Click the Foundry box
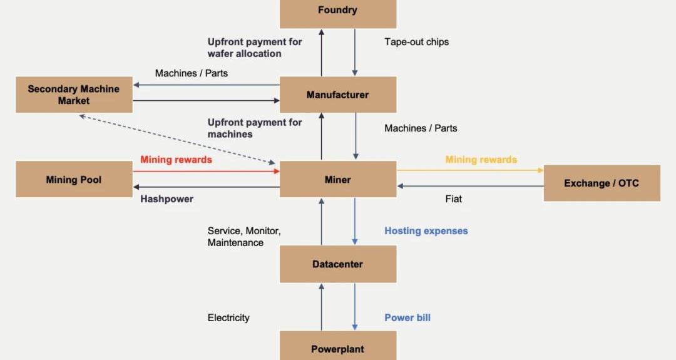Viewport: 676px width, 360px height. point(337,11)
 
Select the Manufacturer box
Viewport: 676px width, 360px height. point(337,95)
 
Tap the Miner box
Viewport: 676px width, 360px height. point(337,180)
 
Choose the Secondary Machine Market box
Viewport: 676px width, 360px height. point(74,95)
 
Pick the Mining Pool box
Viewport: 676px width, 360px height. point(74,180)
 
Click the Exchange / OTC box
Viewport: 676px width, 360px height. point(602,183)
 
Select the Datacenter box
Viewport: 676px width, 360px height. point(337,264)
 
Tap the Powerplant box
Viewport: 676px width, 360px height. point(337,347)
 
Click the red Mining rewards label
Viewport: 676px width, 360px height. point(176,160)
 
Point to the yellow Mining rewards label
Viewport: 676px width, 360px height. point(481,160)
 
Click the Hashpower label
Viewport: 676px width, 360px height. point(166,199)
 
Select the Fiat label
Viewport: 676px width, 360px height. point(453,199)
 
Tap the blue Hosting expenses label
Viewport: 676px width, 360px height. point(426,231)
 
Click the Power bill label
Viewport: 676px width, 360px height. point(407,317)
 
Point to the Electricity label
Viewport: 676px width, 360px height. point(228,318)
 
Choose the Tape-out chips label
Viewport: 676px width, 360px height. point(416,42)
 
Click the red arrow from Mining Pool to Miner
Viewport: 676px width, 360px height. point(206,171)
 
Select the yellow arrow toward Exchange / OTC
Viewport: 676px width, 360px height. point(469,170)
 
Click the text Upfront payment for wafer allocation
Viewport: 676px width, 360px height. point(254,48)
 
